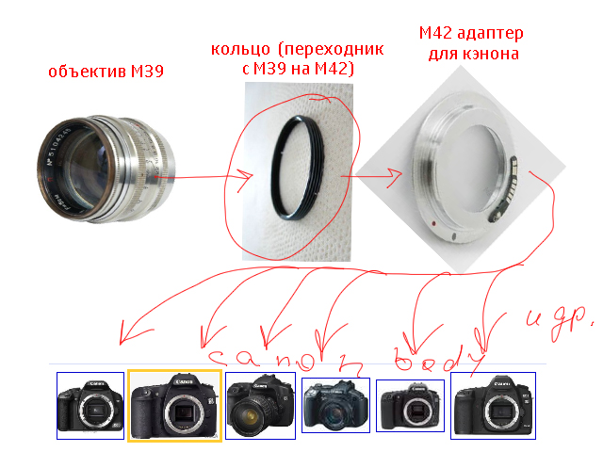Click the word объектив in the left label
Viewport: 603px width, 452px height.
(x=78, y=73)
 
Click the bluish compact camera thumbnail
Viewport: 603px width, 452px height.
(x=334, y=405)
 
